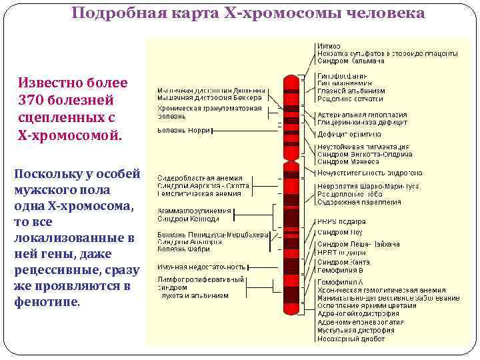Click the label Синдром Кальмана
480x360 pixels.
(x=351, y=61)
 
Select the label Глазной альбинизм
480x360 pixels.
(x=351, y=91)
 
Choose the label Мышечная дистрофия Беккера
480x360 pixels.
(x=209, y=97)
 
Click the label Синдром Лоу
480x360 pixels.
(x=339, y=233)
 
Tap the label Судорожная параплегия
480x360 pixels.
(x=359, y=202)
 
